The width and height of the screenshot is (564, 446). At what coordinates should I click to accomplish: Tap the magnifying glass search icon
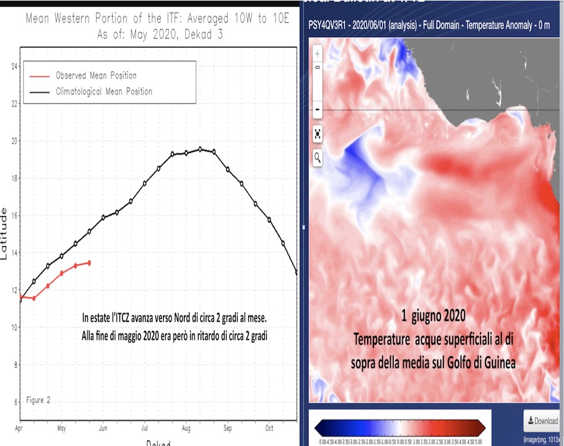click(318, 158)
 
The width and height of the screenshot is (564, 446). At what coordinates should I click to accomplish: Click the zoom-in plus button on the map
click(318, 54)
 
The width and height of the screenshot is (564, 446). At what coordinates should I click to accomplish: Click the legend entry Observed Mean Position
click(96, 76)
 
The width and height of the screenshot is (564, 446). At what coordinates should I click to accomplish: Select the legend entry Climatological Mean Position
click(104, 91)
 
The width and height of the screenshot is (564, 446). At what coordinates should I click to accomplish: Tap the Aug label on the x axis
click(186, 428)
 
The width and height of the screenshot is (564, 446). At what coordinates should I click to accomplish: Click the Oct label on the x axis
click(270, 428)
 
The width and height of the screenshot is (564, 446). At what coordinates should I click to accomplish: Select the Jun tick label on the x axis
click(103, 428)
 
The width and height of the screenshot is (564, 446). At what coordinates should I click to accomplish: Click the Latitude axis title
click(5, 233)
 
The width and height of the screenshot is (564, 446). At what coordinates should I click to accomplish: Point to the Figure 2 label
click(38, 400)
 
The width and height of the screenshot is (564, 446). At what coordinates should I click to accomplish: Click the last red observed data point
click(89, 263)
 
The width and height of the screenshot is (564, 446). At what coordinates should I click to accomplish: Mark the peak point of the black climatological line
click(200, 149)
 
